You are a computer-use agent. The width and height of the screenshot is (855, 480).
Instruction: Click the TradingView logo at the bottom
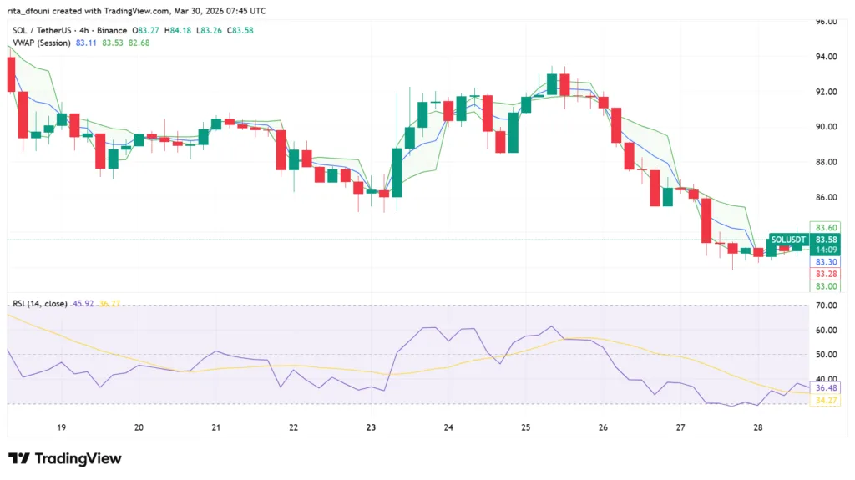[65, 458]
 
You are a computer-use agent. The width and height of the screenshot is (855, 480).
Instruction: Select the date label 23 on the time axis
[371, 427]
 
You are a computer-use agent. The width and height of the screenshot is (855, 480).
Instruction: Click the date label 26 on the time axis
[603, 427]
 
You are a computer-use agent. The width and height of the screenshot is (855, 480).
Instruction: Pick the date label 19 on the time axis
[61, 427]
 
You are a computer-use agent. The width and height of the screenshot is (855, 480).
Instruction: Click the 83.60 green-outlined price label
[827, 227]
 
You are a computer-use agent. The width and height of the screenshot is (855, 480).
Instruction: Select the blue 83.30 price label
[827, 262]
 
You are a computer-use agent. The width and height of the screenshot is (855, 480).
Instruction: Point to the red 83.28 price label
[827, 274]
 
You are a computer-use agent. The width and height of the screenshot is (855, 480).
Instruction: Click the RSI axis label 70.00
[827, 306]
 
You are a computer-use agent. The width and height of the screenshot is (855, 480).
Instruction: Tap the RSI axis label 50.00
[827, 355]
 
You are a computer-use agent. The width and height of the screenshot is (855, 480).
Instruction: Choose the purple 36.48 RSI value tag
[827, 388]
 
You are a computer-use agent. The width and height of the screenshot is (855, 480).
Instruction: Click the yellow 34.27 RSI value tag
[827, 401]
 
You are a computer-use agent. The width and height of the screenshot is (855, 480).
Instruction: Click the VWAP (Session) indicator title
[41, 43]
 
